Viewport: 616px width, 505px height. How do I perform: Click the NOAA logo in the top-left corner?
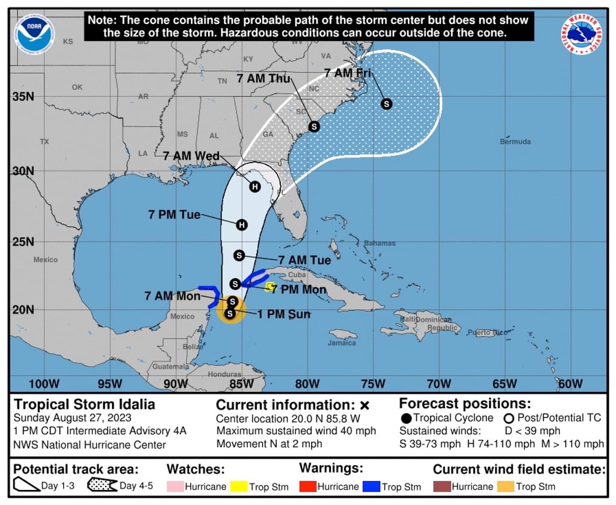click(35, 34)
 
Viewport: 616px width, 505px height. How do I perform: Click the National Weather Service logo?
click(582, 35)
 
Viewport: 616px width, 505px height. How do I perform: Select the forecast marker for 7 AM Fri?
click(387, 104)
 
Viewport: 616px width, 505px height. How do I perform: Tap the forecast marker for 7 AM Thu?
click(314, 126)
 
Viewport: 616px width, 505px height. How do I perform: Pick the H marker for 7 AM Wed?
click(255, 186)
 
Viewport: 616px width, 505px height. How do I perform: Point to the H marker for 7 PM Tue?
click(242, 225)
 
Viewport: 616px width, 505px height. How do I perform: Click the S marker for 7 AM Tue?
click(239, 256)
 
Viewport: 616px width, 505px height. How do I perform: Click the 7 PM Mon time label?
click(299, 290)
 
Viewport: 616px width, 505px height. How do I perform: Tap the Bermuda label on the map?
click(516, 142)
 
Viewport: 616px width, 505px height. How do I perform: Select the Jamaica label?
click(342, 343)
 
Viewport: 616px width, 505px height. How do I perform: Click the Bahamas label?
click(380, 243)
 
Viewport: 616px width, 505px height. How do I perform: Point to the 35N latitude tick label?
click(23, 96)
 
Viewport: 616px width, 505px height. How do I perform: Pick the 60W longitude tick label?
click(570, 384)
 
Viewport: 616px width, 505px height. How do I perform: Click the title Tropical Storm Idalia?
click(84, 404)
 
